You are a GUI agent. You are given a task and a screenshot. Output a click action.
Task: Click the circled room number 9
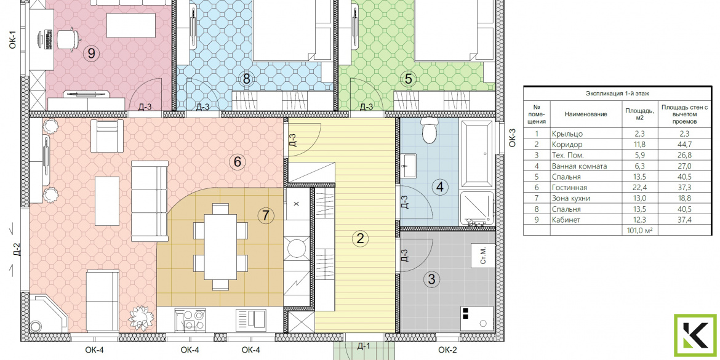92,54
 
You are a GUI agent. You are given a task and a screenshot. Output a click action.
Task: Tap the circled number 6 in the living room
238,162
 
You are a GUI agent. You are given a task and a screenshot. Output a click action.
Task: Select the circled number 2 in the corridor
360,238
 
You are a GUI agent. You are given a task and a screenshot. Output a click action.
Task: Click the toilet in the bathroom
430,131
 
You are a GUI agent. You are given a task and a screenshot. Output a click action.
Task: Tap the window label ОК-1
13,39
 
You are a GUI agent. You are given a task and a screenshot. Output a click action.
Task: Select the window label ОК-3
513,137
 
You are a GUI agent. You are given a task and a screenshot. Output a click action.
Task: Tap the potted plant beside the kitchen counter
140,317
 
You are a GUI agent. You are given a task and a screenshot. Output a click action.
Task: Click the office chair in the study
68,39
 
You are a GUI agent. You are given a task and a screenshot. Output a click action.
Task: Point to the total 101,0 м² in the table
639,230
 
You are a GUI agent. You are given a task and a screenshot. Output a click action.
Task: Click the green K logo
695,335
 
